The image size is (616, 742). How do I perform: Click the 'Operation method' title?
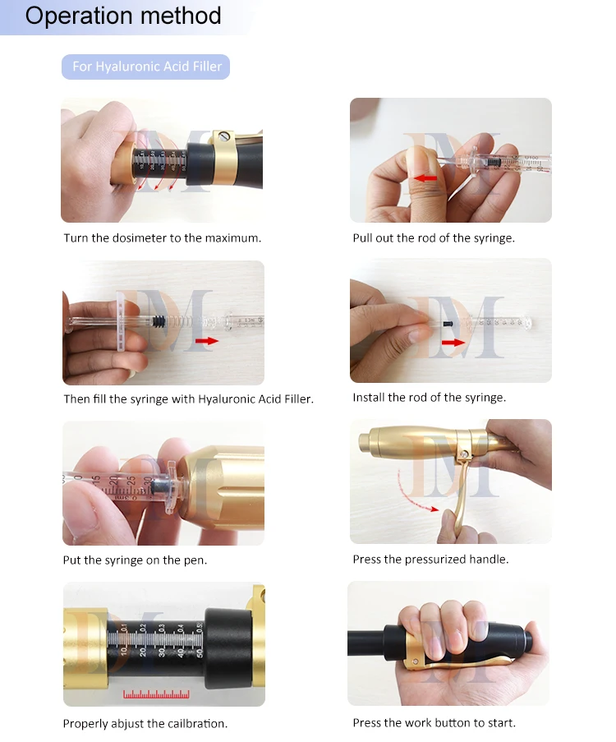pyautogui.click(x=123, y=16)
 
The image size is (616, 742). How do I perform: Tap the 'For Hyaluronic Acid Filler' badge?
pyautogui.click(x=145, y=67)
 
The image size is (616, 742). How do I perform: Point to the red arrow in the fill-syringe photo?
pyautogui.click(x=207, y=341)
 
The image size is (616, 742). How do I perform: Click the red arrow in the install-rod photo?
pyautogui.click(x=453, y=342)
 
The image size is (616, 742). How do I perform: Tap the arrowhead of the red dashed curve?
pyautogui.click(x=434, y=509)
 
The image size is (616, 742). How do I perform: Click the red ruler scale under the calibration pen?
pyautogui.click(x=156, y=694)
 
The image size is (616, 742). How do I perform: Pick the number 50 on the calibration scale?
pyautogui.click(x=200, y=652)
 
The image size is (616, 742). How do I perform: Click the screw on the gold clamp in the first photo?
pyautogui.click(x=225, y=136)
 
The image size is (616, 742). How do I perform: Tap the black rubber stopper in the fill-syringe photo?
pyautogui.click(x=158, y=322)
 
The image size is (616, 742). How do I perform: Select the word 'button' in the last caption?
pyautogui.click(x=455, y=722)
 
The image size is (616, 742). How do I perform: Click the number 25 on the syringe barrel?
pyautogui.click(x=131, y=480)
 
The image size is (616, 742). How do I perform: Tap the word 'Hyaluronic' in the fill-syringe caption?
pyautogui.click(x=226, y=399)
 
